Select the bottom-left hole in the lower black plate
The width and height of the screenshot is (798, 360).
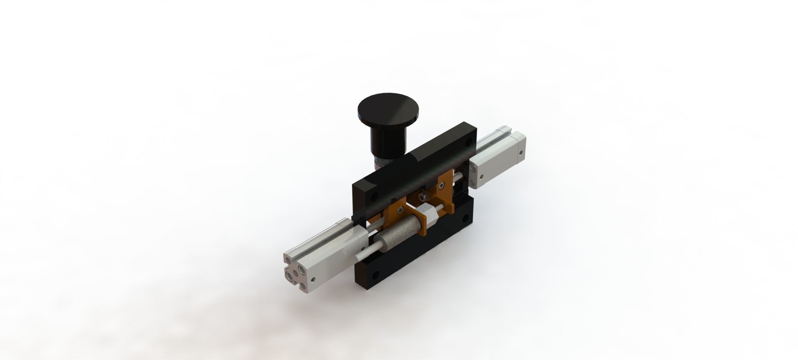(376, 275)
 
